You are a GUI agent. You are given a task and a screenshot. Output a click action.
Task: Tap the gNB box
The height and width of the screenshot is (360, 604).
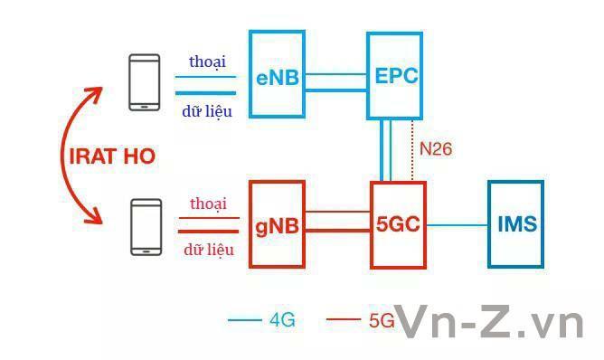(277, 223)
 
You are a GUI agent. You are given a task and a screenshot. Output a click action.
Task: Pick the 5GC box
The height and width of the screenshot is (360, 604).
(398, 223)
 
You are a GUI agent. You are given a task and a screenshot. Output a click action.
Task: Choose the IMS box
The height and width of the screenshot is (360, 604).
(516, 223)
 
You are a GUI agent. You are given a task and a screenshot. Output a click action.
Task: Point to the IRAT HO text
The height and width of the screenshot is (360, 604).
(113, 156)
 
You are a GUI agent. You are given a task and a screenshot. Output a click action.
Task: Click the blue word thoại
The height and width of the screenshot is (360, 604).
(207, 62)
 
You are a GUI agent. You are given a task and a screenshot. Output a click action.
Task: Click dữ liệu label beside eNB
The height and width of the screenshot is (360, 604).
(208, 111)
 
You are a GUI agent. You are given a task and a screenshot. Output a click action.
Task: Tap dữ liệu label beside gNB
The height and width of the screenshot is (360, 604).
(209, 249)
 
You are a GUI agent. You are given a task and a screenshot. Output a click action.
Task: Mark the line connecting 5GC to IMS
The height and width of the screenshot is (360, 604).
(457, 223)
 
